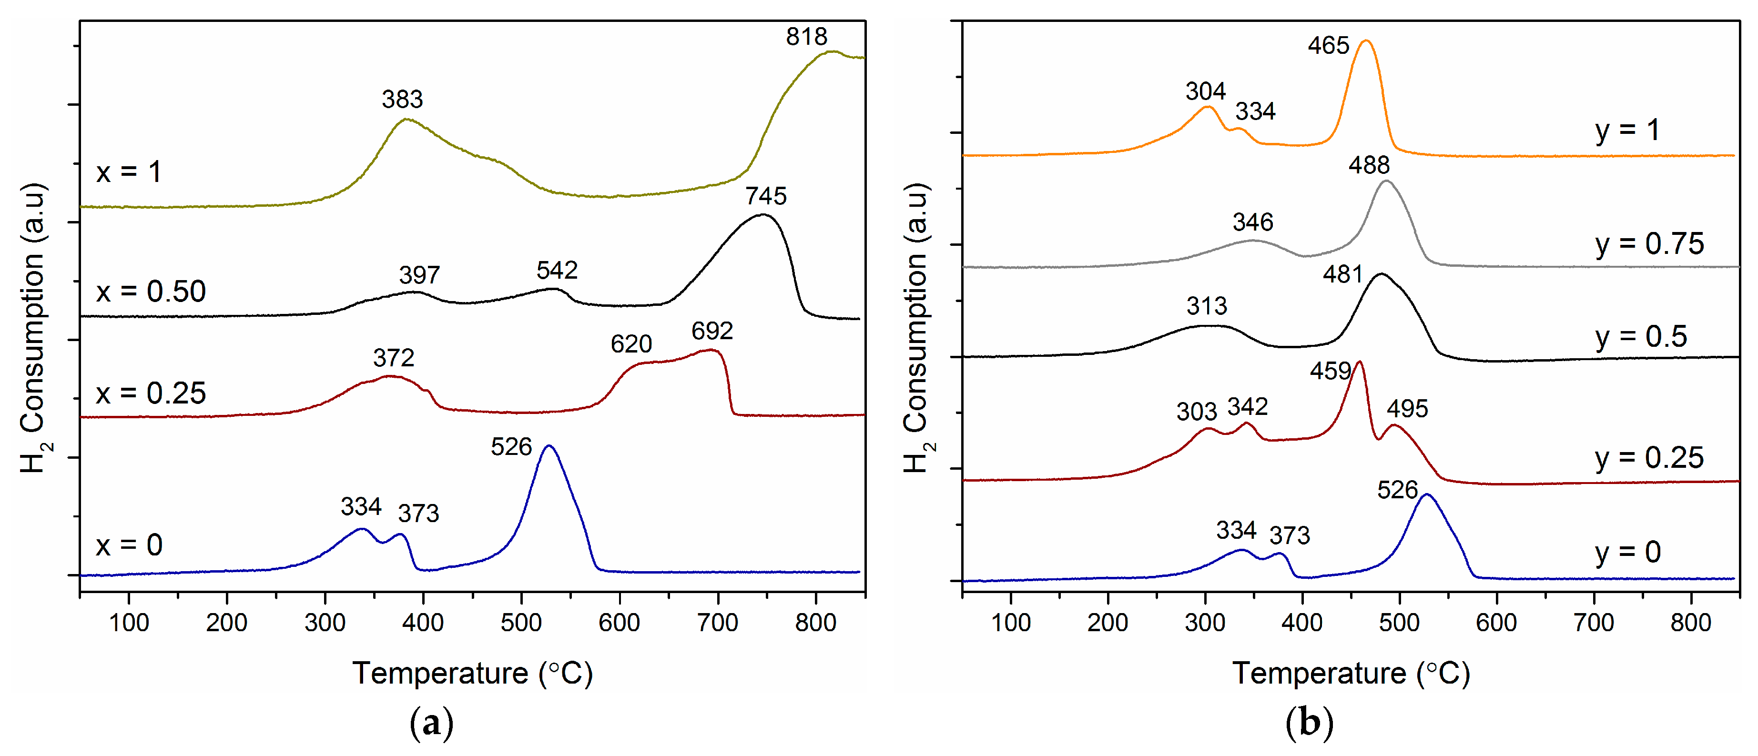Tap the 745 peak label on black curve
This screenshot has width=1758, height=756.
pyautogui.click(x=766, y=197)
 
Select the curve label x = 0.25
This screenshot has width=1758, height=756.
pyautogui.click(x=151, y=393)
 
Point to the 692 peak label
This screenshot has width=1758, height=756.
pyautogui.click(x=712, y=331)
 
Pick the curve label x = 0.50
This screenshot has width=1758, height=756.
pyautogui.click(x=151, y=292)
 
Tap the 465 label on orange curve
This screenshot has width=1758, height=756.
pyautogui.click(x=1328, y=46)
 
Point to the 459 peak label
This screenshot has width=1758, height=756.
pyautogui.click(x=1330, y=371)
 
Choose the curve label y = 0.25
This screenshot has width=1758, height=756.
pyautogui.click(x=1649, y=458)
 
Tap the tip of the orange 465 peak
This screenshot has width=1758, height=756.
pyautogui.click(x=1366, y=41)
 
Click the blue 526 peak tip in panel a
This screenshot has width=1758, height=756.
pyautogui.click(x=549, y=446)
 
